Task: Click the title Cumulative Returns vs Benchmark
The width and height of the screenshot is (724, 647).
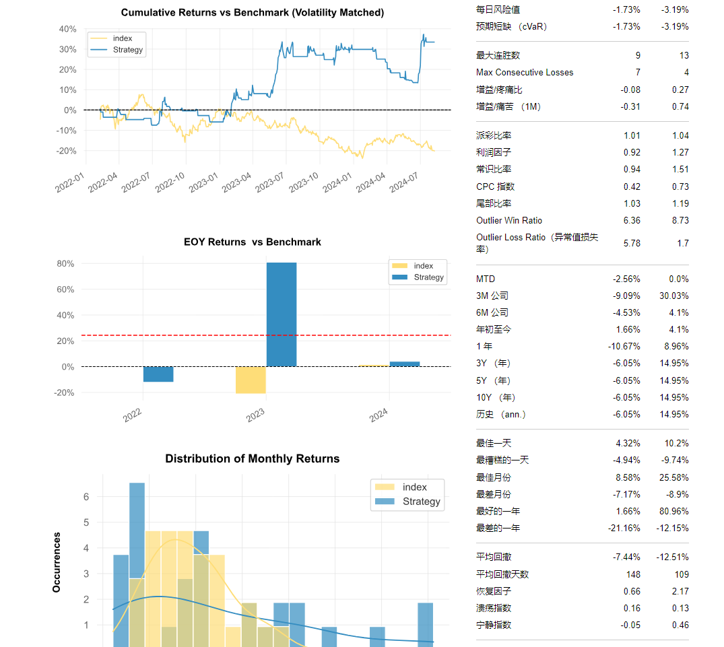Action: [x=253, y=13]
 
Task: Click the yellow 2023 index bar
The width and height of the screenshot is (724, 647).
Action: [x=251, y=380]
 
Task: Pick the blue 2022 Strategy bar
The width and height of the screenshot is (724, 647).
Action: [x=158, y=374]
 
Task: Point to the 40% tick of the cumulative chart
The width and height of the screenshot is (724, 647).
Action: [x=68, y=29]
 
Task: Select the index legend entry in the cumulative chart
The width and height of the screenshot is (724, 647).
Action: [x=122, y=38]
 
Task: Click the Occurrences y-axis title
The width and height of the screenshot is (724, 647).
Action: [x=57, y=562]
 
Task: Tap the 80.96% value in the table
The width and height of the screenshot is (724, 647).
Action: [x=672, y=511]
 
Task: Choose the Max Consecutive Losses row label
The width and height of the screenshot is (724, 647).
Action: [x=525, y=72]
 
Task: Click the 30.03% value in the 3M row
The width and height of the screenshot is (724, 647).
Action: [x=672, y=296]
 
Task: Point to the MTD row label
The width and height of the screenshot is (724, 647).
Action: [x=485, y=279]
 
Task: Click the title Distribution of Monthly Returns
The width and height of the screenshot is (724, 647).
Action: [x=253, y=458]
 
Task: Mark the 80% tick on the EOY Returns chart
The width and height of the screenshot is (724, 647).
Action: [x=65, y=264]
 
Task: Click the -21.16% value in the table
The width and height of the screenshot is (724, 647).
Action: [x=624, y=528]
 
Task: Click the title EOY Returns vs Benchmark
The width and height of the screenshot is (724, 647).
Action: [x=253, y=242]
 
